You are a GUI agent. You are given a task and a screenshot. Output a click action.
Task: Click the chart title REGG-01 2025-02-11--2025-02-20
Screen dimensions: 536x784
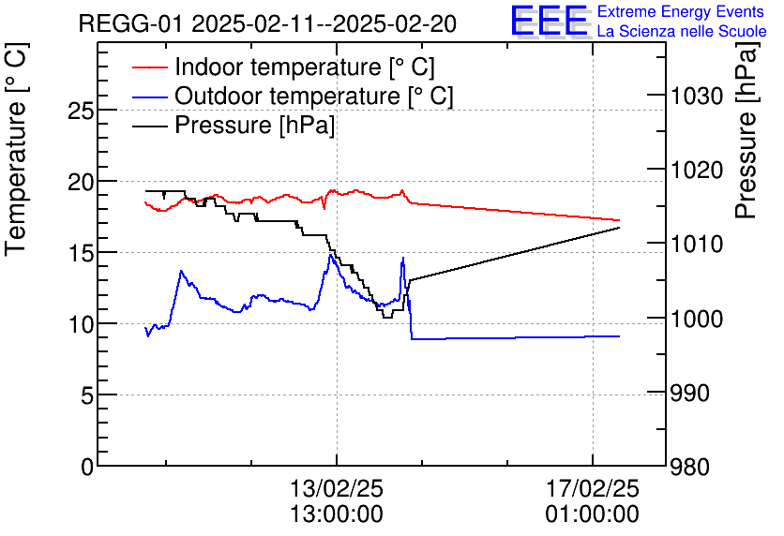pyautogui.click(x=267, y=23)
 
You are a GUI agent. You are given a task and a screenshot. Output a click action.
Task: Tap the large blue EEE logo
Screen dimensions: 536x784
pyautogui.click(x=550, y=21)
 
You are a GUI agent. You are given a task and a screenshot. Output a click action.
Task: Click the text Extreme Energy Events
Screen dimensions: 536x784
pyautogui.click(x=682, y=11)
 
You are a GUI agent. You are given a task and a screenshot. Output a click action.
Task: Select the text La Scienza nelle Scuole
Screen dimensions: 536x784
pyautogui.click(x=682, y=31)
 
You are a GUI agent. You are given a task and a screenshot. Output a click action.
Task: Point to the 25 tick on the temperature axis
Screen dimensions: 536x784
pyautogui.click(x=82, y=110)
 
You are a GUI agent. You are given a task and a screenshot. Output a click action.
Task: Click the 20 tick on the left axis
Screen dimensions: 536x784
pyautogui.click(x=82, y=181)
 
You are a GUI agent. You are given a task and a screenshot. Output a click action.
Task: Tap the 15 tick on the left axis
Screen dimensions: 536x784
pyautogui.click(x=82, y=252)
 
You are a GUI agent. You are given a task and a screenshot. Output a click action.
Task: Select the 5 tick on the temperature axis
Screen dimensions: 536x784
pyautogui.click(x=87, y=395)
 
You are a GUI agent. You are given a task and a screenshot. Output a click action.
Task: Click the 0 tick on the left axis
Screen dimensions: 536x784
pyautogui.click(x=87, y=466)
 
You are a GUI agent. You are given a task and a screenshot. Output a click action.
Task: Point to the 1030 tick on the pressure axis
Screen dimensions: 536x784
pyautogui.click(x=698, y=97)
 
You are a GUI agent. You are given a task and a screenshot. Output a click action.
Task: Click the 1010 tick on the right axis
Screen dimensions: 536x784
pyautogui.click(x=698, y=245)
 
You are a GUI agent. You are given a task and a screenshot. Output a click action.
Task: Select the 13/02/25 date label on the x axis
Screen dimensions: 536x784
pyautogui.click(x=337, y=489)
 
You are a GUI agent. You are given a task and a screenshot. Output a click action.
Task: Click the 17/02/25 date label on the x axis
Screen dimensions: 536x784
pyautogui.click(x=593, y=489)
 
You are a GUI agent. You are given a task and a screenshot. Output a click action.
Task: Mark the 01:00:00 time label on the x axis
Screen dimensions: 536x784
pyautogui.click(x=593, y=514)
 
